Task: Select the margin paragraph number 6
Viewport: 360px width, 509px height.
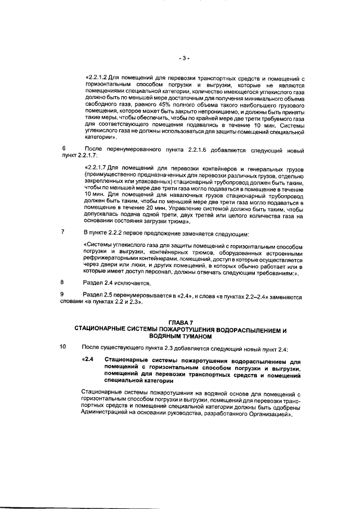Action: point(63,148)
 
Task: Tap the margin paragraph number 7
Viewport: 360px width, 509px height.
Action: point(63,232)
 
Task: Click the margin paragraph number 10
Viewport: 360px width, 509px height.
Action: point(64,346)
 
